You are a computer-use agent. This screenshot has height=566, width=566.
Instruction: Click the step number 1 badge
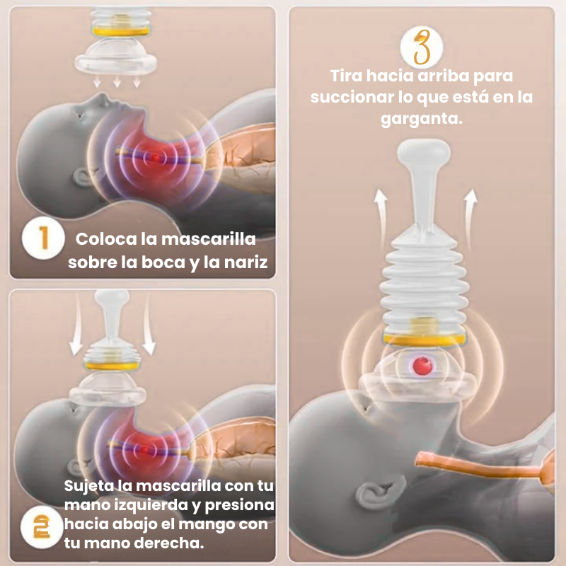point(43,238)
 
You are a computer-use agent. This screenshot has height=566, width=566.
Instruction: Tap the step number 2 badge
point(42,527)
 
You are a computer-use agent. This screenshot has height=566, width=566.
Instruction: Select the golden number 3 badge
point(422,47)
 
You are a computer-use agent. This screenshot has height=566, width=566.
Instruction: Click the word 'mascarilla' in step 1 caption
point(209,239)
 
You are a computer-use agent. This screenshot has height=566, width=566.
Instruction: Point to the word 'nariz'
point(246,262)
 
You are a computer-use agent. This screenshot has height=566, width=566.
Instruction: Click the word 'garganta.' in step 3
point(422,119)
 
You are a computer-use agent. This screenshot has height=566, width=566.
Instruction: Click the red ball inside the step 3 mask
point(422,365)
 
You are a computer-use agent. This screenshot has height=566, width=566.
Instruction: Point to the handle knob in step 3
point(424,151)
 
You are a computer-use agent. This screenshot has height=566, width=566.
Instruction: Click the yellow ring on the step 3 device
point(424,340)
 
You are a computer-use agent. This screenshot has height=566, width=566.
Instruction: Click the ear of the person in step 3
point(380,492)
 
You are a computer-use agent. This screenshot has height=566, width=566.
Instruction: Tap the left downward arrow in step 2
point(76,325)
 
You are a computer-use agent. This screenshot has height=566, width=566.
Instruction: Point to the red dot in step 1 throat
point(155,157)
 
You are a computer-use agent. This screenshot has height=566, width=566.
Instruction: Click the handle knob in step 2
point(112,298)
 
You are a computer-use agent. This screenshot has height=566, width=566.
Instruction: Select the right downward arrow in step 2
point(149,325)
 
